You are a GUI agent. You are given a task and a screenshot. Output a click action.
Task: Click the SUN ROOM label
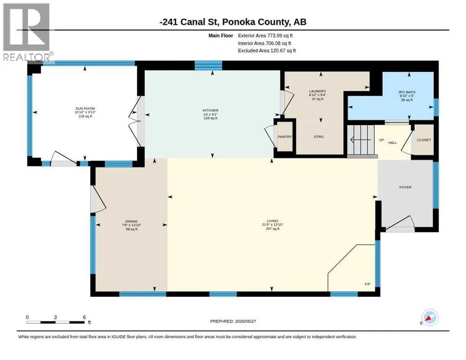[85, 109]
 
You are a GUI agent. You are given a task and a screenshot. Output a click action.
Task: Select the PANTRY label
[285, 137]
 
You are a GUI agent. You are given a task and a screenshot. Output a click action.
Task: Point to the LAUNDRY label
[317, 91]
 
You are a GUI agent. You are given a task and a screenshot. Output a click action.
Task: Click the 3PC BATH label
[407, 92]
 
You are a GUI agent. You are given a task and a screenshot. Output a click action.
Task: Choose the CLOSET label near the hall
[424, 140]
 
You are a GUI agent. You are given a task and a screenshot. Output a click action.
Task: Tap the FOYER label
[406, 187]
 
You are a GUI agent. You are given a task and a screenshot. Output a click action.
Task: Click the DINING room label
[131, 221]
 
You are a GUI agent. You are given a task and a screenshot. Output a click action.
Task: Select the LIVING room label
[272, 221]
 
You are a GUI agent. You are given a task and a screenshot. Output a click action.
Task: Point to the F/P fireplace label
[368, 284]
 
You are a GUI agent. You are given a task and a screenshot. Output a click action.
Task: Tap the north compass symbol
[430, 317]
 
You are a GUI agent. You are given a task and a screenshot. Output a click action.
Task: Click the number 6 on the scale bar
[84, 317]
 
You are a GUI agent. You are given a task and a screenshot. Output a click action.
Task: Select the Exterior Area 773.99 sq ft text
[265, 36]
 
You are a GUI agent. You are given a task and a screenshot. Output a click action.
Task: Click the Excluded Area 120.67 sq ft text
[267, 51]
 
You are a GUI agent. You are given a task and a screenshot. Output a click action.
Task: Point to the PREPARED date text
[233, 322]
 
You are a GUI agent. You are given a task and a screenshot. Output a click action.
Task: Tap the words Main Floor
[221, 36]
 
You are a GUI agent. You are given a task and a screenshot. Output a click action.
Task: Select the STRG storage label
[319, 137]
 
